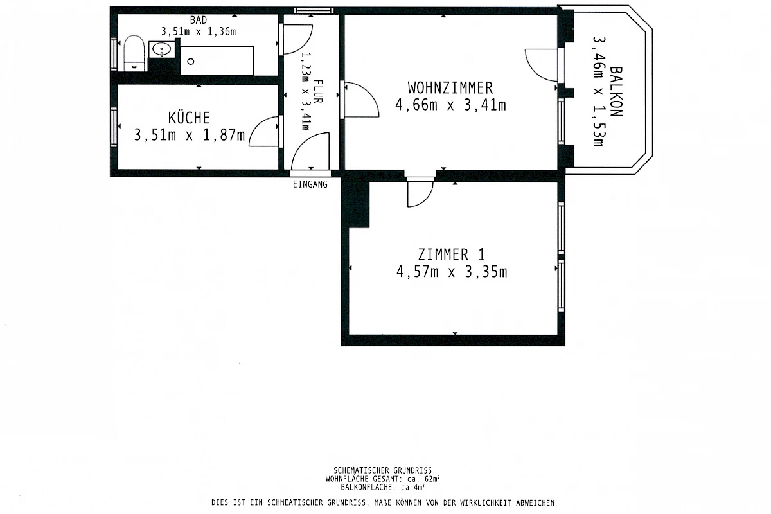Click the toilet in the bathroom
coord(133,52)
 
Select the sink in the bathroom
coord(159,49)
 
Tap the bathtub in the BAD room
coord(217,60)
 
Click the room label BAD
coord(199,20)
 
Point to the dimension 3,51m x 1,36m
coord(199,31)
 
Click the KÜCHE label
coord(189,118)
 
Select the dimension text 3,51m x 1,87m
coord(189,135)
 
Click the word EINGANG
coord(310,184)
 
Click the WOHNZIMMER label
coord(450,87)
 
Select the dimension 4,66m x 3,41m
coord(450,105)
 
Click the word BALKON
coord(616,91)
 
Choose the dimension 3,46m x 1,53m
coord(598,91)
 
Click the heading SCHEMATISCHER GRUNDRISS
coord(382,470)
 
